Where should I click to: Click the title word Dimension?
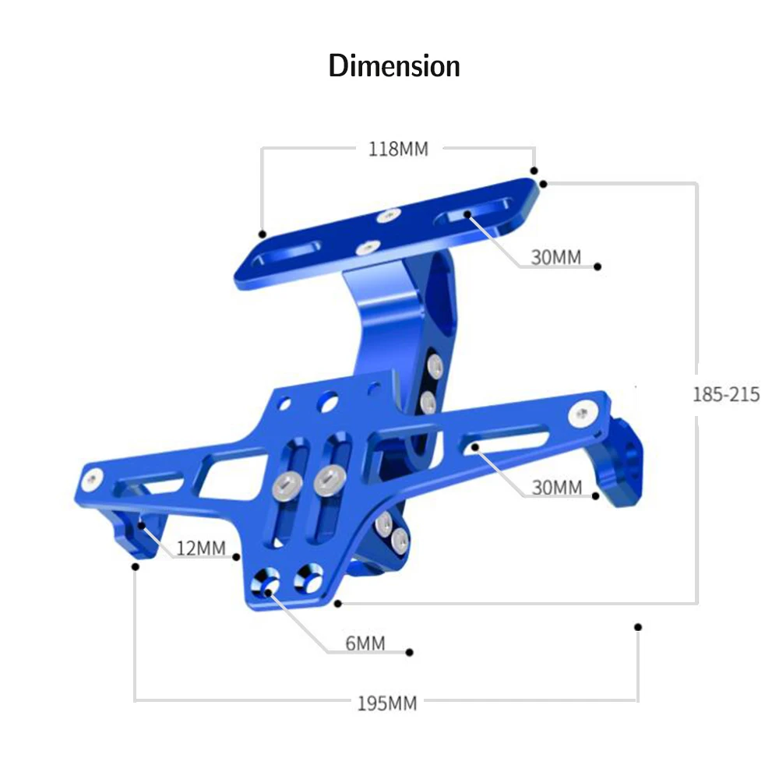tap(394, 66)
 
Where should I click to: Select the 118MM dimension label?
tap(398, 149)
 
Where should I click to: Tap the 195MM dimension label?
tap(387, 703)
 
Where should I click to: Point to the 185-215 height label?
tap(726, 394)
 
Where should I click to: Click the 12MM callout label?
tap(201, 548)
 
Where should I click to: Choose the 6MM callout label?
tap(365, 643)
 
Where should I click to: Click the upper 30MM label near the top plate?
tap(556, 257)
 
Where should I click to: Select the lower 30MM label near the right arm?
tap(557, 488)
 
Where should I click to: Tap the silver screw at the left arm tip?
tap(93, 478)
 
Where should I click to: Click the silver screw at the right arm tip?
tap(583, 414)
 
